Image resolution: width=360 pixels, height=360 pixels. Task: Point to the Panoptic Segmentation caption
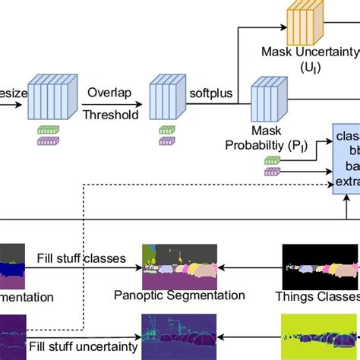pyautogui.click(x=180, y=295)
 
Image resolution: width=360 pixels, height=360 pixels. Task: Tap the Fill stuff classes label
pyautogui.click(x=81, y=258)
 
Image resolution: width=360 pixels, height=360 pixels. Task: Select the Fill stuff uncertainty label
pyautogui.click(x=83, y=346)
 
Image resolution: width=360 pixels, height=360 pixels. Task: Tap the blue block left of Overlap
pyautogui.click(x=51, y=99)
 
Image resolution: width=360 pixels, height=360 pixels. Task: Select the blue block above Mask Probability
pyautogui.click(x=267, y=99)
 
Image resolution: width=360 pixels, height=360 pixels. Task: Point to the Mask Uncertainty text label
pyautogui.click(x=309, y=53)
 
